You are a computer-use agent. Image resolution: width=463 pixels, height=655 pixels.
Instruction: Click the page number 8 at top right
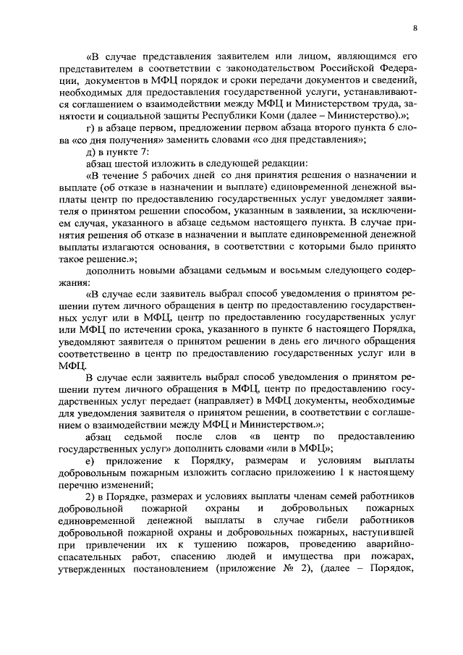(x=415, y=28)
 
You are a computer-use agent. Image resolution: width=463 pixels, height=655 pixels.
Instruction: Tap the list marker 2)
(x=90, y=497)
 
